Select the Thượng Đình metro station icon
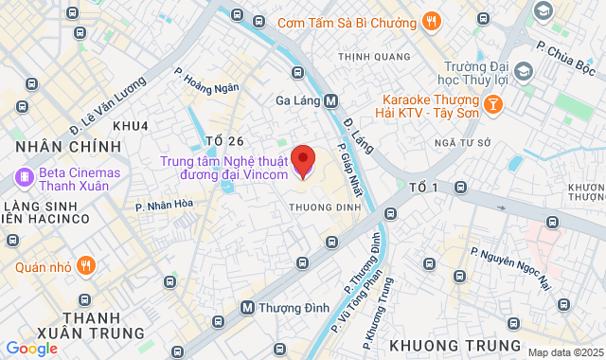(x=247, y=307)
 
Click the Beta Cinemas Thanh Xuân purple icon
(x=23, y=176)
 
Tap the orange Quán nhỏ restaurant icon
(x=87, y=266)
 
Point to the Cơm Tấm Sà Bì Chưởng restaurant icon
(x=431, y=21)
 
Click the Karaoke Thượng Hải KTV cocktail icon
(x=492, y=104)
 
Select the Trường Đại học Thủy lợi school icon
(x=522, y=71)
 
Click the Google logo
(x=31, y=348)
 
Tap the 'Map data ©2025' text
(x=565, y=352)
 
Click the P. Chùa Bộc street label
(x=565, y=57)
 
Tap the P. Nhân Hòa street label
(x=164, y=204)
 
